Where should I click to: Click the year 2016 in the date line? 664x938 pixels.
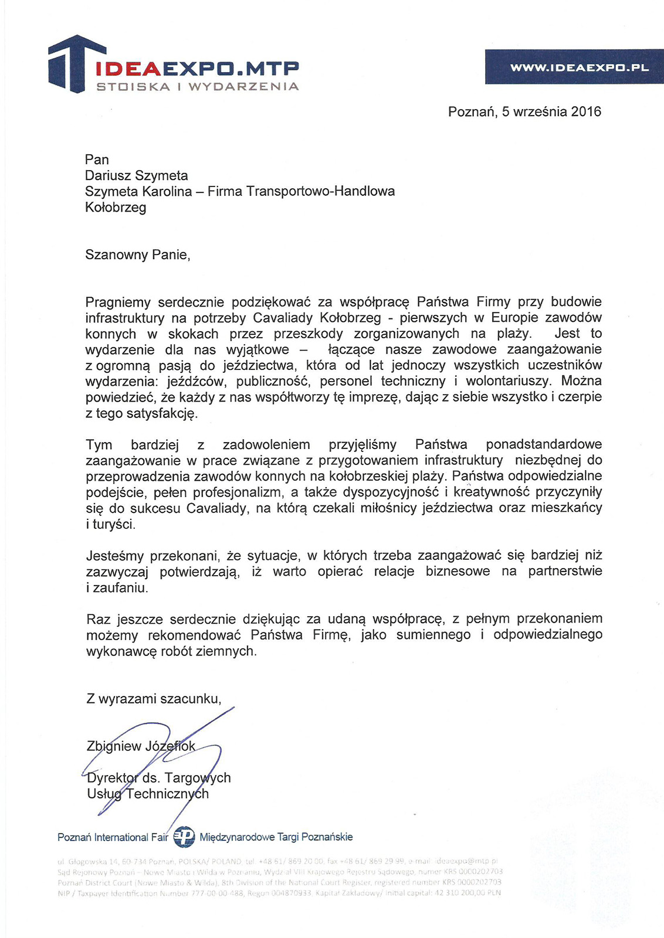pos(586,111)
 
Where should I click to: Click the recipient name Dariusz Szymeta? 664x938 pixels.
pos(136,175)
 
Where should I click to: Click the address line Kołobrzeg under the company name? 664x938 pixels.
pos(116,208)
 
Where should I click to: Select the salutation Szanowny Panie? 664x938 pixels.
pos(137,254)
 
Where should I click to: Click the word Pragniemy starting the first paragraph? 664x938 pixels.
pos(118,303)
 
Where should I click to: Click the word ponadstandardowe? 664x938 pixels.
pos(543,444)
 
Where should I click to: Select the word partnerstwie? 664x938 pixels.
pos(565,571)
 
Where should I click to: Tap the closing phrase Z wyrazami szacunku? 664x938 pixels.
pos(154,699)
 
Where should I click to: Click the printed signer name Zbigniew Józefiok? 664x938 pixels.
pos(141,746)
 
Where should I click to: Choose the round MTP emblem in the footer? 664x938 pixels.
pos(184,837)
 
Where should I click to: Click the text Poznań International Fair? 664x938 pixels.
pos(113,837)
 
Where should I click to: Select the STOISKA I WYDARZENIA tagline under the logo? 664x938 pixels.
pos(198,87)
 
